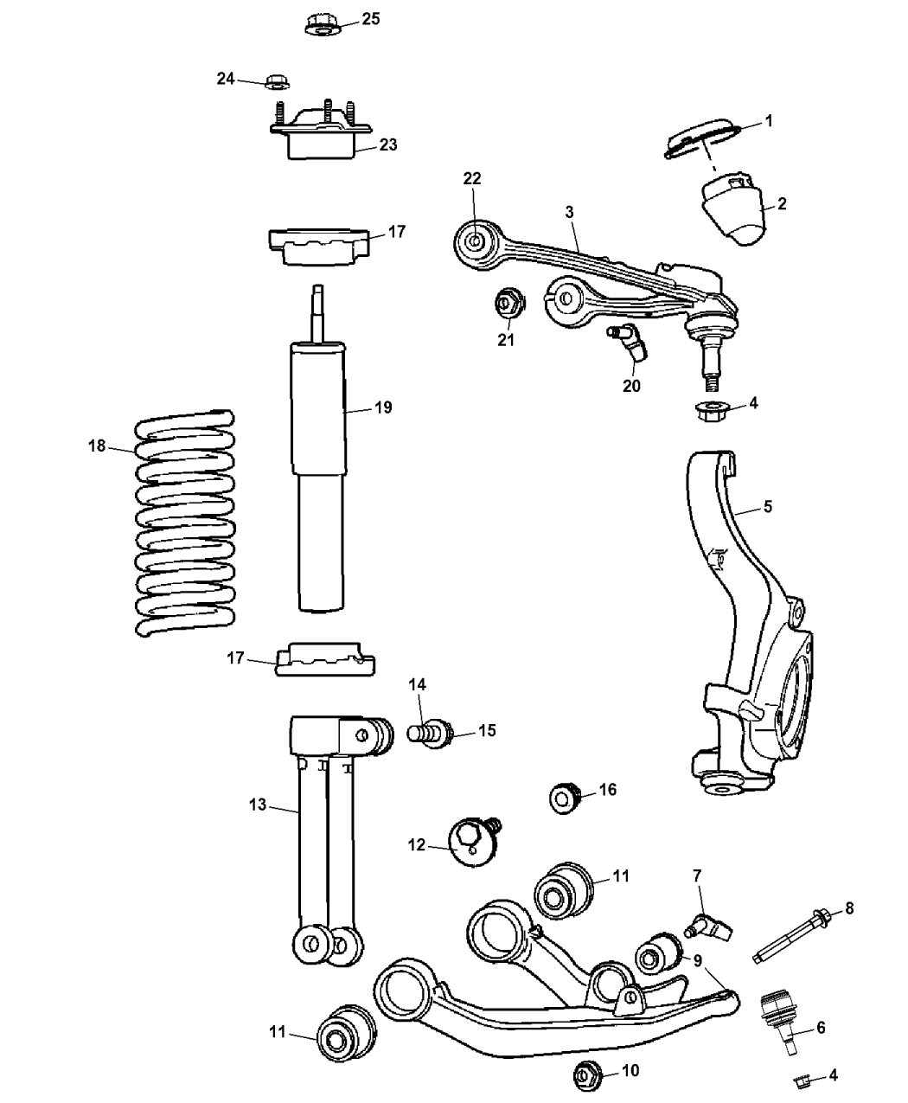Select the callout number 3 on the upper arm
[570, 211]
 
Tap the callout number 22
[472, 178]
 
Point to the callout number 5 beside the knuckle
[767, 507]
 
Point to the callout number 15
[487, 731]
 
